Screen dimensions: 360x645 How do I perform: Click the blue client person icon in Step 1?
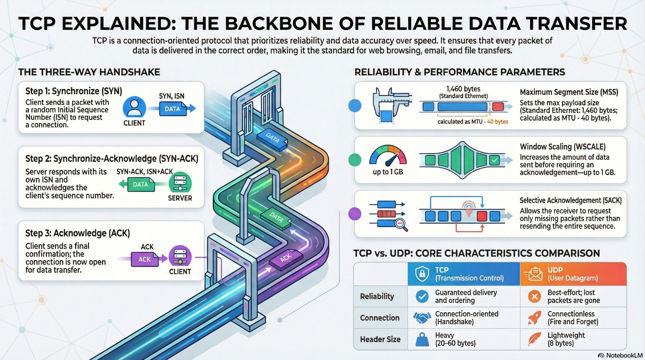134,107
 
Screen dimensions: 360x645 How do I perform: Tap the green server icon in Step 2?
180,183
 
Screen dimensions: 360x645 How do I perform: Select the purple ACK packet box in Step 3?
144,259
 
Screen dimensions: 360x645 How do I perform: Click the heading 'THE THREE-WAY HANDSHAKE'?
89,72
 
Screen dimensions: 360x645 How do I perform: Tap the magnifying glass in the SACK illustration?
401,225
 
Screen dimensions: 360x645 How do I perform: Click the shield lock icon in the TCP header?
422,274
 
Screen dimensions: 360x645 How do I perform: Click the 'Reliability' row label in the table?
377,296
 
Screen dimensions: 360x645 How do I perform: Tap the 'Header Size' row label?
380,339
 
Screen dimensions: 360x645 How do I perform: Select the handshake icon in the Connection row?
422,318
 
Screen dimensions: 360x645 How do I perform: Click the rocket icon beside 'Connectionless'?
534,318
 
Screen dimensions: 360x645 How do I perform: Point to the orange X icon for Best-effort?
534,296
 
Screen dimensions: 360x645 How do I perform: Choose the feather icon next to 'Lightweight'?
534,339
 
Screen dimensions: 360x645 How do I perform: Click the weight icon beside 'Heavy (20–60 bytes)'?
422,340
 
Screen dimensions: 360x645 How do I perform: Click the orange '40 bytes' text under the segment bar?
498,122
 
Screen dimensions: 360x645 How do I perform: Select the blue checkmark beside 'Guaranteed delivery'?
422,296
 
